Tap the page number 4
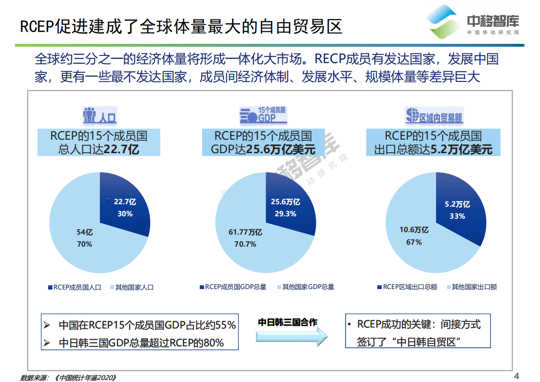517,376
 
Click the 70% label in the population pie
84,244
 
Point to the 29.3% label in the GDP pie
285,213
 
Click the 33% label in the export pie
457,216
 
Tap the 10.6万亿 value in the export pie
414,230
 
